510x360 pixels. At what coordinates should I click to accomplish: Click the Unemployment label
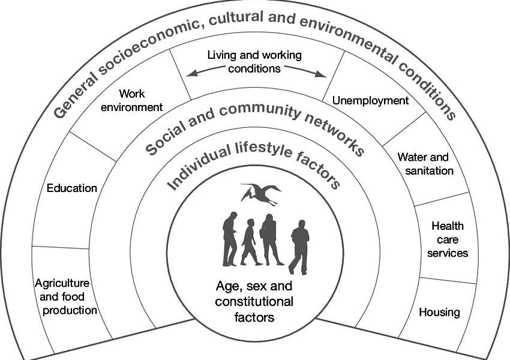pos(370,100)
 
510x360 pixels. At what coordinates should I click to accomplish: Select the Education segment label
pos(72,188)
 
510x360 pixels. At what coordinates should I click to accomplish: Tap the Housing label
pos(439,312)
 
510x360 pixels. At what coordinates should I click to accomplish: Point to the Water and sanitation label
pos(425,164)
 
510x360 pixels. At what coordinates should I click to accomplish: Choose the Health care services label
pos(448,239)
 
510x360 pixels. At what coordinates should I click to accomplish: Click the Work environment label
pos(132,100)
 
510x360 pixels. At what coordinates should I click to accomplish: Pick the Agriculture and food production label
pos(66,296)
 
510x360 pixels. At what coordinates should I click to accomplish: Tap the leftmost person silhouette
pos(229,239)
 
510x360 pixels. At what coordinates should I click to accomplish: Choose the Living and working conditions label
pos(254,61)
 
